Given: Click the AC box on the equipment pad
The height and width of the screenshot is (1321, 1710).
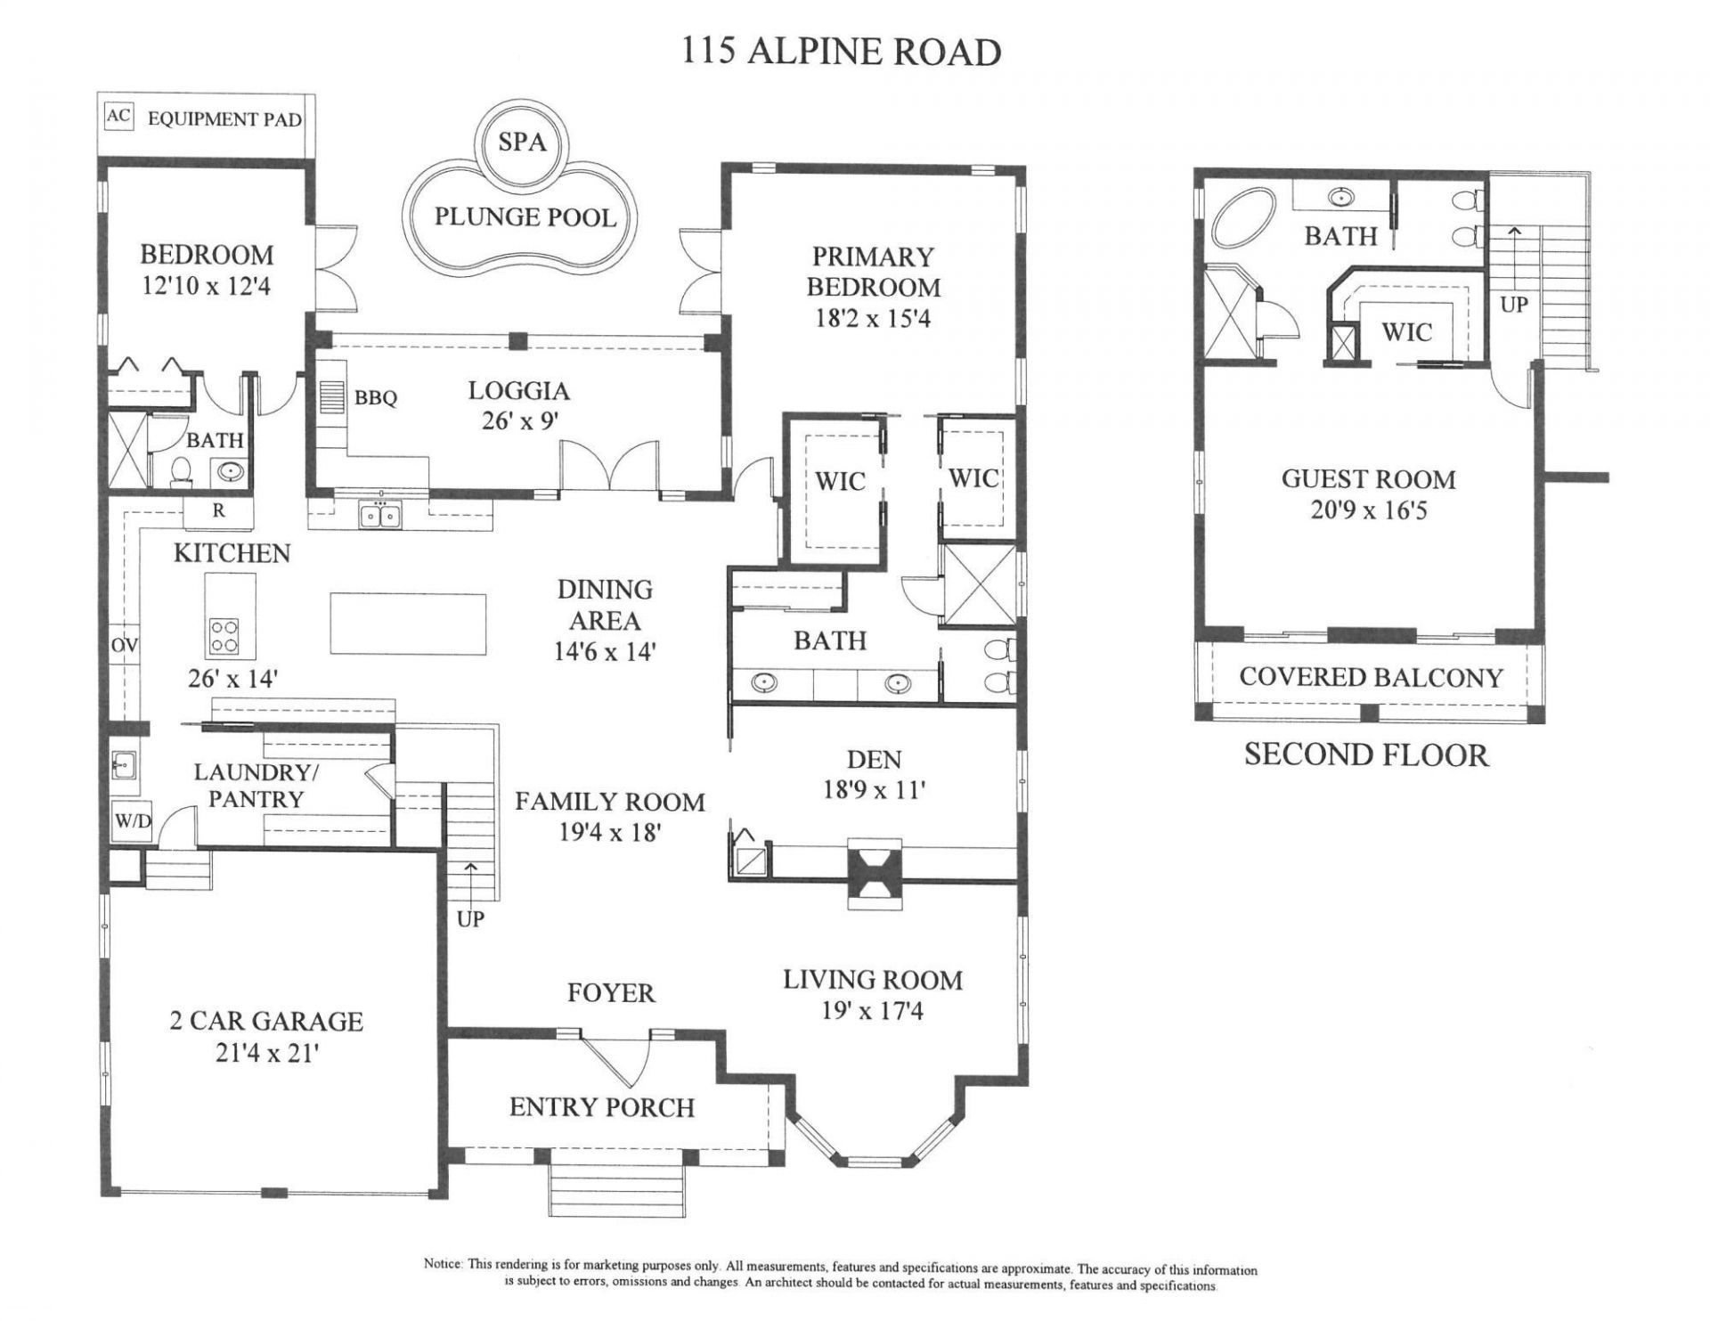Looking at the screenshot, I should click(x=118, y=117).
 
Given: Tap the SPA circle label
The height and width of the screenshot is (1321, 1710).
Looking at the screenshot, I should click(x=522, y=142).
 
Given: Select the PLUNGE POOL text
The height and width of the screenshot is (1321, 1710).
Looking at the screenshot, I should click(x=525, y=216).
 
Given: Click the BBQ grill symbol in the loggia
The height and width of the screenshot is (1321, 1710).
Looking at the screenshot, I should click(x=330, y=395).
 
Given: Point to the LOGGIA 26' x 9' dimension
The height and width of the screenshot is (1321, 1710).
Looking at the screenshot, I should click(x=520, y=420).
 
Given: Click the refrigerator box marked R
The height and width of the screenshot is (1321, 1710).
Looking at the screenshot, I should click(x=218, y=511).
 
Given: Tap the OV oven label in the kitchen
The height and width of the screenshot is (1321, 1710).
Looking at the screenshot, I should click(x=125, y=645).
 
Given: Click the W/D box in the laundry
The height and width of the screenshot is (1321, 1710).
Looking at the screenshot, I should click(x=132, y=821).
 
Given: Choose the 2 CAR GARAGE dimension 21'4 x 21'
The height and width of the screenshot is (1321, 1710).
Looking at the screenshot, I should click(x=266, y=1053).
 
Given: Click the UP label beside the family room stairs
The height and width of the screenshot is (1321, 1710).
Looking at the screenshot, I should click(x=470, y=918).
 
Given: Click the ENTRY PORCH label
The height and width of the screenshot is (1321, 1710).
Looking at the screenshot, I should click(x=602, y=1107).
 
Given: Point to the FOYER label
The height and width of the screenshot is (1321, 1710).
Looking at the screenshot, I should click(x=611, y=992).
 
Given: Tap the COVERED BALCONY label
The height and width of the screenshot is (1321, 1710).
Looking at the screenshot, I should click(x=1370, y=677).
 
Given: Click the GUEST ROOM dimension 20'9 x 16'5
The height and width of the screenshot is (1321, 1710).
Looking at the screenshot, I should click(x=1368, y=511).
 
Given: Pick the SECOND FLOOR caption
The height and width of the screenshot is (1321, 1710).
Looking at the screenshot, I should click(x=1366, y=754).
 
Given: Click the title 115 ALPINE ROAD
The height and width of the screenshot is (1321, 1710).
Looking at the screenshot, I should click(x=841, y=52).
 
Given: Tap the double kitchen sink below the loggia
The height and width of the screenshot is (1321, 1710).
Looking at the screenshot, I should click(x=381, y=514).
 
